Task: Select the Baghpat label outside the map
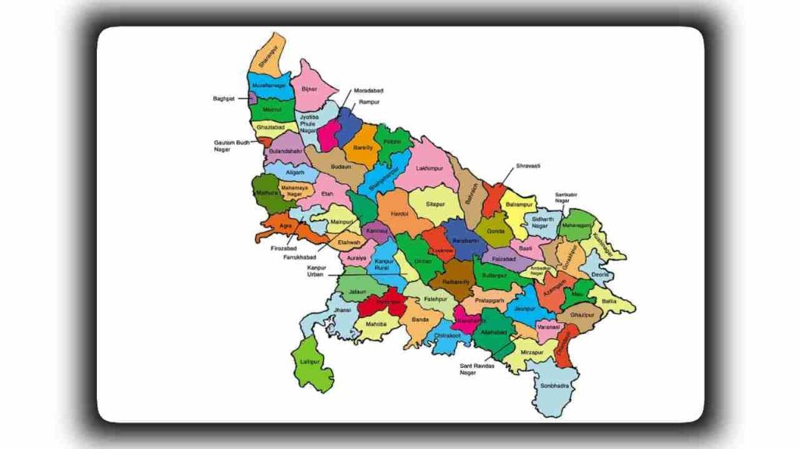pos(223,99)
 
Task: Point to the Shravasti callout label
pos(527,166)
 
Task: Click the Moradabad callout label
pos(368,91)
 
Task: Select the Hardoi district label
pos(399,213)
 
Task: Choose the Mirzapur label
pos(531,352)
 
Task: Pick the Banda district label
pos(421,320)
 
